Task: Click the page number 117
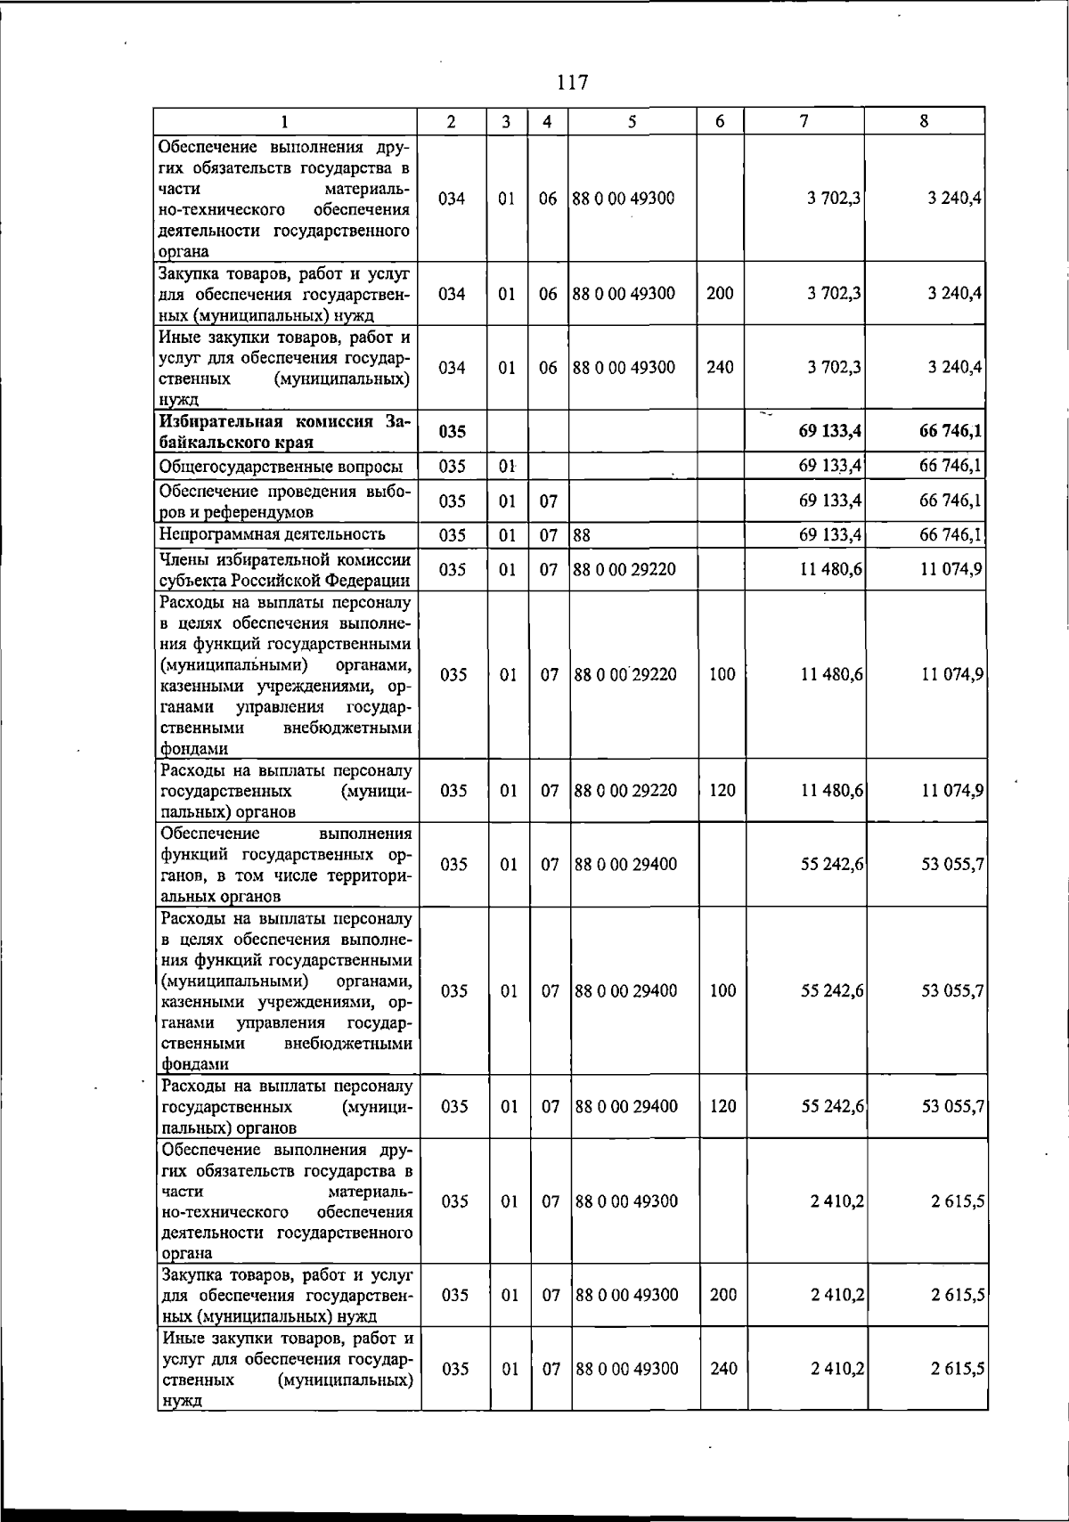572,83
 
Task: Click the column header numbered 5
631,122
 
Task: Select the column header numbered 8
924,122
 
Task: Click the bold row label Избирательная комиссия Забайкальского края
284,431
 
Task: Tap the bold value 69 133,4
830,432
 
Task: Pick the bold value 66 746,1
951,432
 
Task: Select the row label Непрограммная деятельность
272,534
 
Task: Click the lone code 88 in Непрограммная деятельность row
583,535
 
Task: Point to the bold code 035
452,432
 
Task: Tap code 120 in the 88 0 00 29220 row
722,790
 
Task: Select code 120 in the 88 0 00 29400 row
723,1106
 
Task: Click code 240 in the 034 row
720,367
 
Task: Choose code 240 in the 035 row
723,1369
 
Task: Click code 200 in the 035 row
723,1295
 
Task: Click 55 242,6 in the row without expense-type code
832,864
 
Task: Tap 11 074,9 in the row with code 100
951,674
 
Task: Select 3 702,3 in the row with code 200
834,293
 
